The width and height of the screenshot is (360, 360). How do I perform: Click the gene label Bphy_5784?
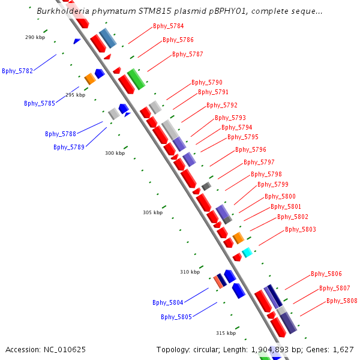coord(168,26)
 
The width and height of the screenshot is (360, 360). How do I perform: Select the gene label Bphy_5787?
coord(187,54)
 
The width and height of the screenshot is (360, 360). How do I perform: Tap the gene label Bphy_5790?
coord(206,82)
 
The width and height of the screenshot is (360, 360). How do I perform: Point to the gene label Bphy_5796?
coord(250,149)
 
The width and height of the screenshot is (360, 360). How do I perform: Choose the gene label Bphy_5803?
coord(300,229)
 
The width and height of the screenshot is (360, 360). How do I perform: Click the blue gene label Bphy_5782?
coord(17,71)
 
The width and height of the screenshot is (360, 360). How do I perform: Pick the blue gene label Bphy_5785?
coord(40,103)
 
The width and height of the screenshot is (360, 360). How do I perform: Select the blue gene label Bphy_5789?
coord(68,147)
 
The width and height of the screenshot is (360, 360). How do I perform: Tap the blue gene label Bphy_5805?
coord(176,317)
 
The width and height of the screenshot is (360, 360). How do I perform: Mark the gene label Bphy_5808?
coord(341,301)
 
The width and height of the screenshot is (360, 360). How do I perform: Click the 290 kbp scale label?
coord(35,37)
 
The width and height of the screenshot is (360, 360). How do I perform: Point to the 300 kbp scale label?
coord(115,153)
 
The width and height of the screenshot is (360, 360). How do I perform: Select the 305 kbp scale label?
coord(152,212)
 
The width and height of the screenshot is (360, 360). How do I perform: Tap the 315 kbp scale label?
coord(226,333)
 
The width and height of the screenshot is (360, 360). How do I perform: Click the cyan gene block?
coord(247,253)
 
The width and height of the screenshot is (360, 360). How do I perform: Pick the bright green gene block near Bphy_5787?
coord(136,79)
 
